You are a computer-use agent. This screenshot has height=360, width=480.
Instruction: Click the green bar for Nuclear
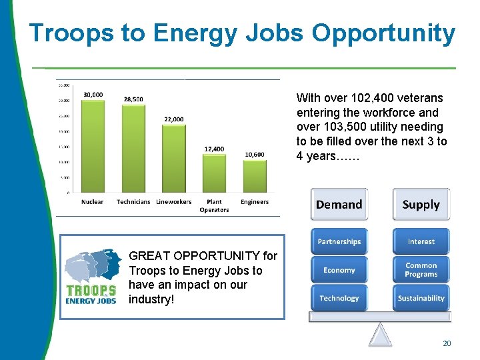(x=93, y=146)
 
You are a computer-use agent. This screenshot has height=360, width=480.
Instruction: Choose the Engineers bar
(x=255, y=176)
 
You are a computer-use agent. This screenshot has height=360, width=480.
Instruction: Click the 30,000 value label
(x=93, y=95)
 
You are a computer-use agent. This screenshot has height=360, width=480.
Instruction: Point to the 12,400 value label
(x=214, y=149)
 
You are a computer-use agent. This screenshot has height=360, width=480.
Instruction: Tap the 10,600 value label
(x=255, y=154)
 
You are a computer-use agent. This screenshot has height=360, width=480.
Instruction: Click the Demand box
(x=339, y=205)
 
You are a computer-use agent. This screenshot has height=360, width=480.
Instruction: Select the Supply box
(x=421, y=205)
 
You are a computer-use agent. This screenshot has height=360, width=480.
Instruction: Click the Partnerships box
(x=339, y=241)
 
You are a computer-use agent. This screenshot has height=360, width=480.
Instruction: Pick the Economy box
(x=339, y=270)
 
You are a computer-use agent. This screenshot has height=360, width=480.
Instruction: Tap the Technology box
(x=339, y=298)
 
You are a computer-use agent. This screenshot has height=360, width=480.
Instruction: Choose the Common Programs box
(x=421, y=270)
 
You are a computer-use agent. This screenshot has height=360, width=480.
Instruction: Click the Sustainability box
(x=421, y=298)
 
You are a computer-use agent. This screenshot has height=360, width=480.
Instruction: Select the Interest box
(x=421, y=241)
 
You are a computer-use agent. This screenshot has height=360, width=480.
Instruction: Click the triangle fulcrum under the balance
(x=380, y=335)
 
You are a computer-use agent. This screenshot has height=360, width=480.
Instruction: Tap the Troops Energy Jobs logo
(x=91, y=277)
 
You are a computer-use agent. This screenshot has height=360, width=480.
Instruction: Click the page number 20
(x=447, y=343)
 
